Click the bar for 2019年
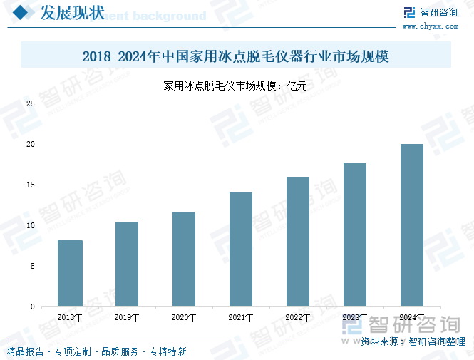pos(127,264)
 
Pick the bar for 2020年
pos(184,259)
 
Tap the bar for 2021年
pos(241,250)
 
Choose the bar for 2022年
pos(298,242)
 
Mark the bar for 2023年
pos(355,235)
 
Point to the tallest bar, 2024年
pos(412,225)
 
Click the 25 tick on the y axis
pos(31,103)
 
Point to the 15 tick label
pos(31,185)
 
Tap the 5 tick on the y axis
pos(33,267)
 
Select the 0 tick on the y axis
pos(33,307)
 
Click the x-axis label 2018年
pos(70,318)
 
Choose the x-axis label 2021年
pos(241,318)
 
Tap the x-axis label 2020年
pos(184,318)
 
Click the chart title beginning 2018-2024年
pos(236,56)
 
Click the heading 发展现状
pos(71,13)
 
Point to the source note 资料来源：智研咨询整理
pos(413,341)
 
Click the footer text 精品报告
pos(26,351)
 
